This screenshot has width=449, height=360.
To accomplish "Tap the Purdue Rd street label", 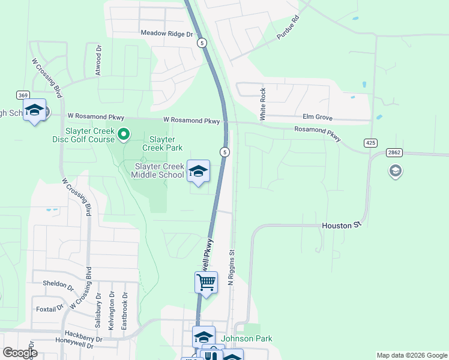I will [x=288, y=28].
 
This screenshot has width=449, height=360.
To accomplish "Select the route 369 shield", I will [x=23, y=95].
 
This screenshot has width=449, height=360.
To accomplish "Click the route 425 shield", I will [x=370, y=143].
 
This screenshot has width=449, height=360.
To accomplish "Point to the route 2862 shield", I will [x=394, y=153].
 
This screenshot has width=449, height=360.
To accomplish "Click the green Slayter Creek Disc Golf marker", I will [x=124, y=134].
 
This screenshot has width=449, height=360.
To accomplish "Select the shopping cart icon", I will [x=206, y=282].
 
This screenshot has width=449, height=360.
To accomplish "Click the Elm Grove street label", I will [x=318, y=118].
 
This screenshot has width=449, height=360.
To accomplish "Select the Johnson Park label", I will [x=247, y=338].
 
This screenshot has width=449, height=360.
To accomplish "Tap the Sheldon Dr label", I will [x=57, y=283].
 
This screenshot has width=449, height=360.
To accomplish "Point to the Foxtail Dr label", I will [x=49, y=309].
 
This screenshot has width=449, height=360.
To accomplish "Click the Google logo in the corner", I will [x=20, y=353].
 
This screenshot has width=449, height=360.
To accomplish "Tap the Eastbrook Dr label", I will [x=125, y=310].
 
